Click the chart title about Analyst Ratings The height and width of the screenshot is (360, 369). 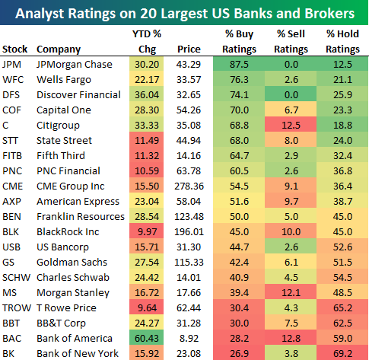(184, 14)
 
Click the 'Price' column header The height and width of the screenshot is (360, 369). (189, 49)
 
